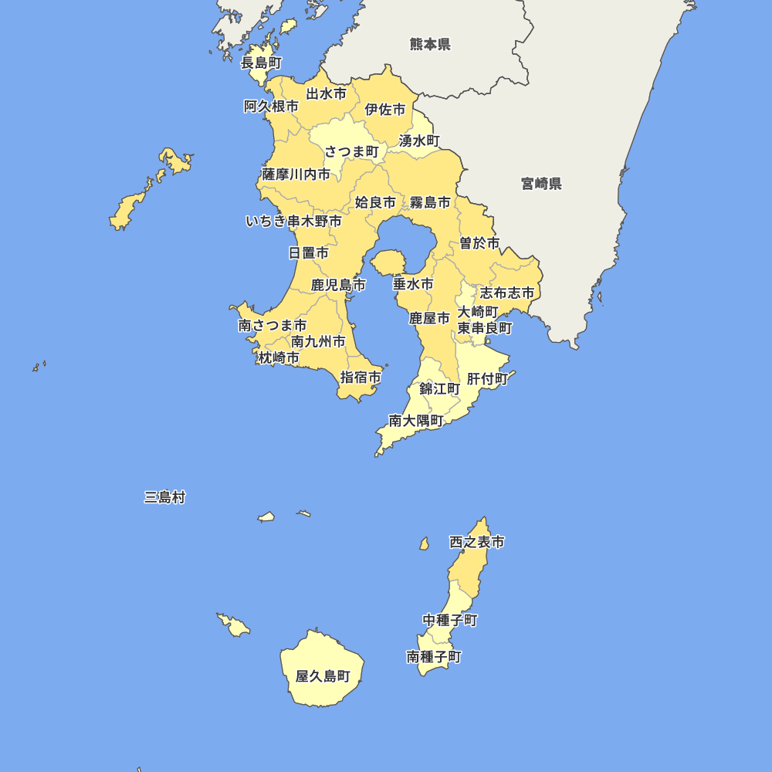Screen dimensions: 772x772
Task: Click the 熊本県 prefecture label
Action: click(x=430, y=44)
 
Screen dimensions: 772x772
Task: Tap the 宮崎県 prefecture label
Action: click(x=541, y=184)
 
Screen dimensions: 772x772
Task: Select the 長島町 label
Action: click(x=261, y=63)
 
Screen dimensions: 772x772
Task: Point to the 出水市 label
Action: click(x=326, y=94)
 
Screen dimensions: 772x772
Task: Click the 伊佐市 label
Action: click(x=384, y=110)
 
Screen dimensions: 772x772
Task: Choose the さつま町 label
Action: click(x=351, y=151)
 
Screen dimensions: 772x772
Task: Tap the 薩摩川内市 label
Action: click(x=296, y=174)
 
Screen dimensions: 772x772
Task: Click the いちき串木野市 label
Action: click(x=293, y=222)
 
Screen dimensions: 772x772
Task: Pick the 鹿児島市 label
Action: click(x=338, y=286)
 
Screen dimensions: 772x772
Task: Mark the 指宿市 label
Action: click(x=361, y=378)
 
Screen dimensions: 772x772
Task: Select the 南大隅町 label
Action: click(x=415, y=421)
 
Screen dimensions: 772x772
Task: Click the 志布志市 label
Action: click(x=506, y=293)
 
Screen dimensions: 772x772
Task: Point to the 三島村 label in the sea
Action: click(x=164, y=497)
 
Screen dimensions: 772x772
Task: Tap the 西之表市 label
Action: click(x=476, y=543)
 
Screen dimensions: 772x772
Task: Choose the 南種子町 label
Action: click(x=433, y=657)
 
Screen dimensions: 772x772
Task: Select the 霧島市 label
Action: click(x=430, y=202)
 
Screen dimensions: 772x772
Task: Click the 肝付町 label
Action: click(x=487, y=379)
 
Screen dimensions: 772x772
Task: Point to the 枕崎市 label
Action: click(x=279, y=357)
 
